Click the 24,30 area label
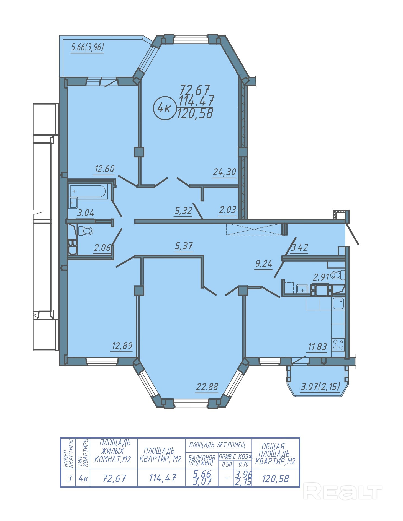pos(224,172)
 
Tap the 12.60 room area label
pos(104,169)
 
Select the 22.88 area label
pos(207,387)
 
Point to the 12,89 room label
pos(122,346)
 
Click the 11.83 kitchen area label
pos(317,347)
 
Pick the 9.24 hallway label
pos(264,264)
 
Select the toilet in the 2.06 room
pos(86,230)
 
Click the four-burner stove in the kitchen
pos(338,344)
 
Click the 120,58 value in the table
pos(276,478)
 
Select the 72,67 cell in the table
pos(114,478)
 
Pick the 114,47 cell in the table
pos(163,478)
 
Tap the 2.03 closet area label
pos(227,210)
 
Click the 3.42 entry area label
pos(300,247)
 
